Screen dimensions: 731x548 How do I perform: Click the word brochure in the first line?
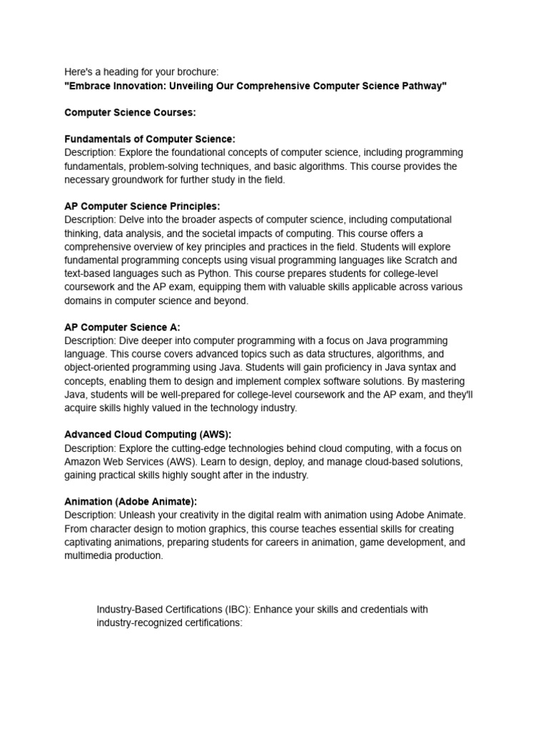point(198,72)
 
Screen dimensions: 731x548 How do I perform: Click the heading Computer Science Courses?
point(130,113)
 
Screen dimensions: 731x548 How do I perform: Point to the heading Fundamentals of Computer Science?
point(150,139)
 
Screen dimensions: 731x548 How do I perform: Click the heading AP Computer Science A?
point(122,328)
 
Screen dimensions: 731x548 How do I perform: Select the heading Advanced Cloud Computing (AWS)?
point(148,434)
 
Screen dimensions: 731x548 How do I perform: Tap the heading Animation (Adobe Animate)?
point(131,502)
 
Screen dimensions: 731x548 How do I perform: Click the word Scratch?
point(422,261)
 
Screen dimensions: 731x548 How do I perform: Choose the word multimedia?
point(88,556)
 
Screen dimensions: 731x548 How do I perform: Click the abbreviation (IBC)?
point(235,610)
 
